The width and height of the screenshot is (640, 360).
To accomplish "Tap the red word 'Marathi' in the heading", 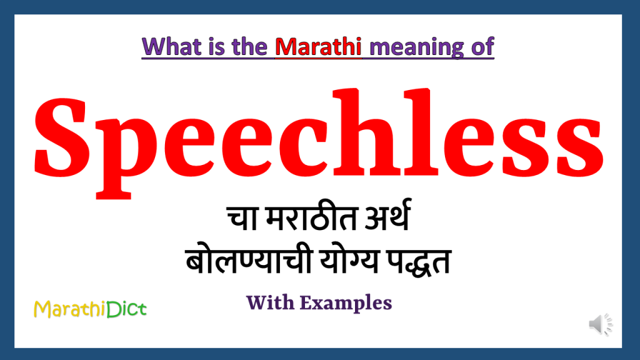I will coord(319,47).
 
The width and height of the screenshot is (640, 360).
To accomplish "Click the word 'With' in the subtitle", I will coord(269,303).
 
